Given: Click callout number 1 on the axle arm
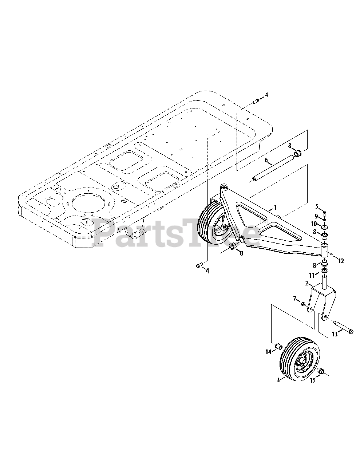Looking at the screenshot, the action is click(x=275, y=208).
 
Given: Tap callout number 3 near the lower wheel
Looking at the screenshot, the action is click(x=278, y=380).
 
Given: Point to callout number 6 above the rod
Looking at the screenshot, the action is click(x=266, y=160).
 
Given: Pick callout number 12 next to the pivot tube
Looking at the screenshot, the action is click(x=341, y=261).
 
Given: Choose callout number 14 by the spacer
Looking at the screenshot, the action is click(x=268, y=352).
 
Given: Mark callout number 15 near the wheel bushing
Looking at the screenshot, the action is click(x=312, y=380).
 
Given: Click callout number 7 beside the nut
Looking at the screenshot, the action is click(x=295, y=299).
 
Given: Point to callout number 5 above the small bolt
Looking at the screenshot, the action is click(x=317, y=207).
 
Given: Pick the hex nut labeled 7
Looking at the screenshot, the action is click(x=303, y=304).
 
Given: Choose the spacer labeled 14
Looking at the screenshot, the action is click(x=278, y=345).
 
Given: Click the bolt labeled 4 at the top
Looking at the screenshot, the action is click(x=256, y=100).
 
